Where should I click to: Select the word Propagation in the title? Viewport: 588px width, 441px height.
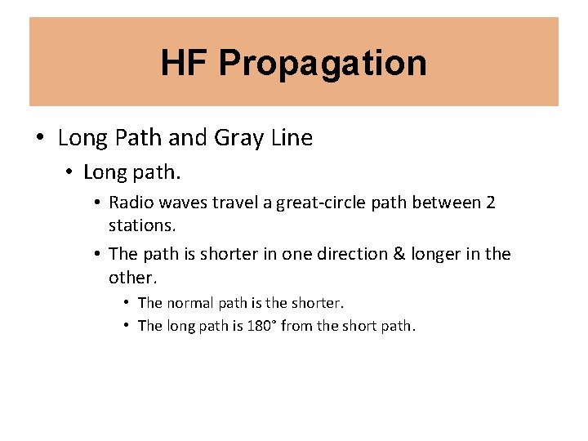tap(323, 64)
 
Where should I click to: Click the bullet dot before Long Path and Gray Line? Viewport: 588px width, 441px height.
tap(40, 138)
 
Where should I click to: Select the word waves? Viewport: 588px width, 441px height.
tap(180, 203)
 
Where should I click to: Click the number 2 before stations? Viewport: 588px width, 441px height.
tap(490, 203)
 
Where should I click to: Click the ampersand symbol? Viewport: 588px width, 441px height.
tap(399, 254)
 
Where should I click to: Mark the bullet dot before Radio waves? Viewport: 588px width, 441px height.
tap(97, 203)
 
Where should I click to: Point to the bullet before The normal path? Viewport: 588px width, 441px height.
tap(127, 302)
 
